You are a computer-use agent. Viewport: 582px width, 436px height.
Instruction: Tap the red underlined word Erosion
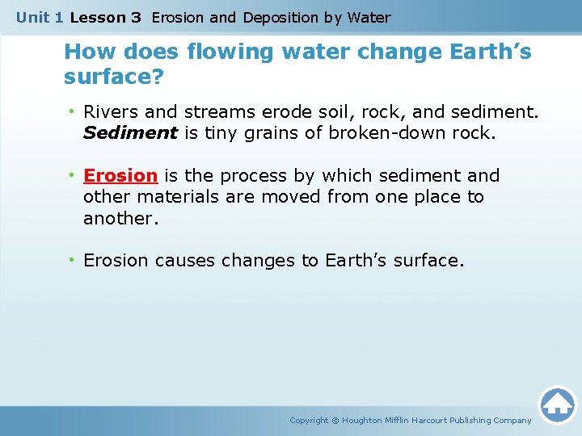click(x=120, y=176)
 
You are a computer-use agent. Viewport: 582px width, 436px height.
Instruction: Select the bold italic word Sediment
click(x=130, y=133)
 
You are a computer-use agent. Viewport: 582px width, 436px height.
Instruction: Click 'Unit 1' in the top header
click(x=40, y=17)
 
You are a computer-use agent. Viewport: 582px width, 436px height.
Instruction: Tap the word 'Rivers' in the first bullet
click(x=111, y=112)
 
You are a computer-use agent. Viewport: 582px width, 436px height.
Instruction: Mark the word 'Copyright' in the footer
click(x=309, y=420)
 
